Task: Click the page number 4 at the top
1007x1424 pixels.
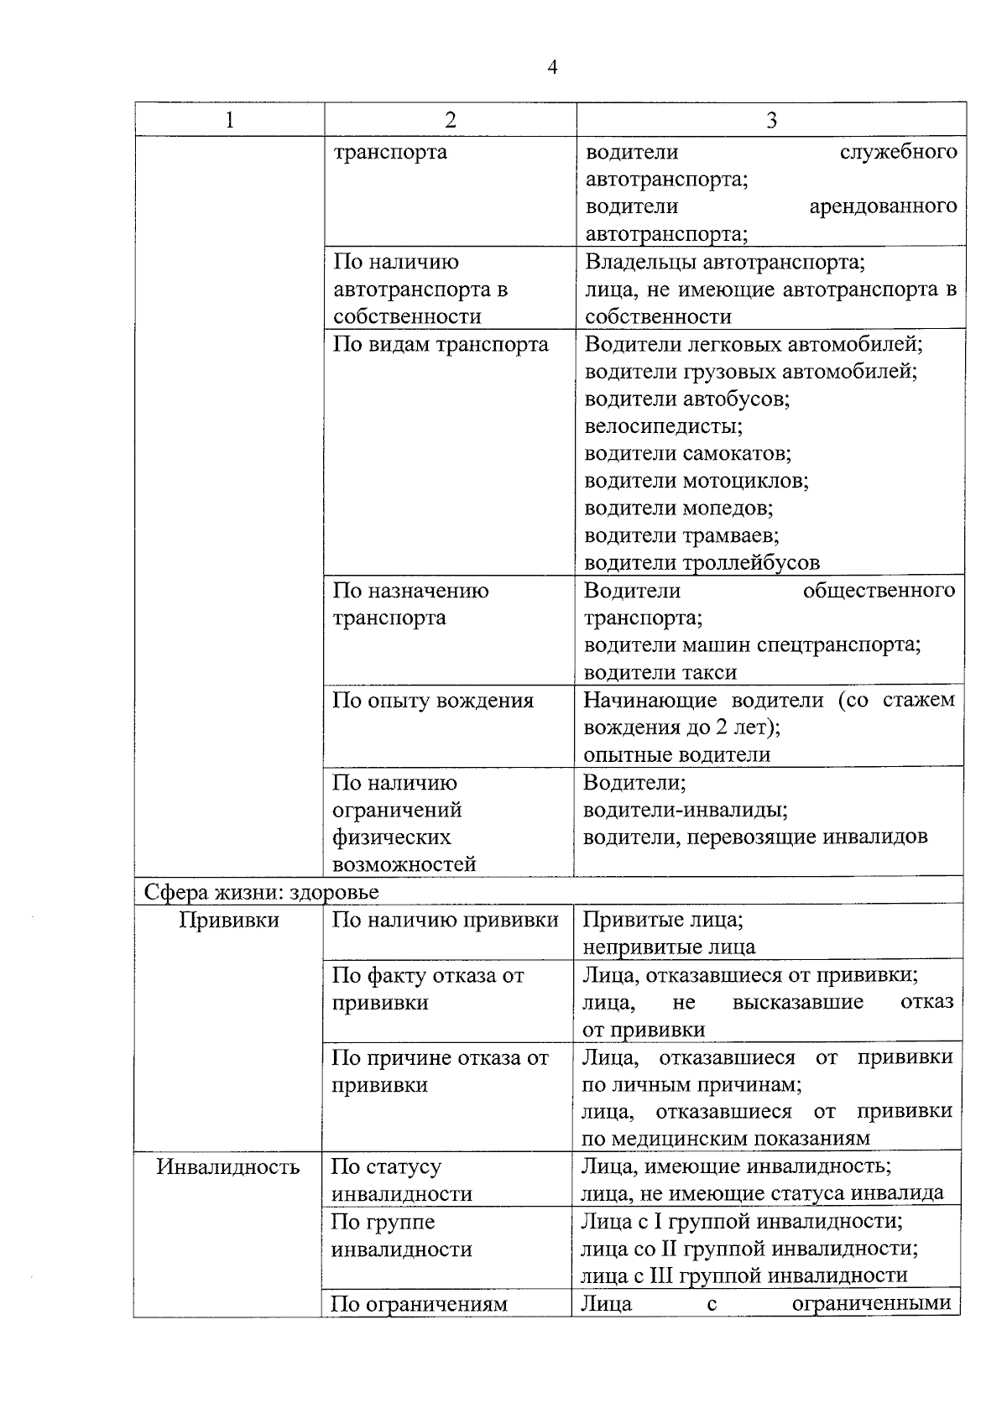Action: click(551, 67)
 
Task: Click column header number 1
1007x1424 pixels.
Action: click(229, 120)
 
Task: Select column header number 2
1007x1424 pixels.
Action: click(450, 120)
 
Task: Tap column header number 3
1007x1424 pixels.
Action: click(771, 120)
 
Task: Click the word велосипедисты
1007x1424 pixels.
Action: click(663, 426)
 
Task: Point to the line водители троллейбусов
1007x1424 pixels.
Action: click(702, 563)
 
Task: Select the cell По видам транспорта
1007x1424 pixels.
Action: click(441, 345)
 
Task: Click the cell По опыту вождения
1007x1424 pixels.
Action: click(433, 701)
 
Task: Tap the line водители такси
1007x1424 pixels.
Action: click(660, 673)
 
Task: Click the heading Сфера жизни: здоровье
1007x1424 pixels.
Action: click(261, 892)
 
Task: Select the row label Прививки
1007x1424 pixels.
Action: click(229, 921)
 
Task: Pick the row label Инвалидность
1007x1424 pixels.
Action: click(228, 1167)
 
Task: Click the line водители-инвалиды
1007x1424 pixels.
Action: click(685, 811)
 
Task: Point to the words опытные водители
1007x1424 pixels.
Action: click(676, 755)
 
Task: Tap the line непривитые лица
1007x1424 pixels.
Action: click(669, 947)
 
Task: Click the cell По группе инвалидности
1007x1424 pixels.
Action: click(401, 1235)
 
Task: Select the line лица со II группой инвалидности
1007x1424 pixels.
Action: click(749, 1249)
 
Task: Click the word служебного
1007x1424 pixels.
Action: click(898, 153)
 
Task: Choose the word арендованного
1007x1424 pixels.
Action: click(883, 206)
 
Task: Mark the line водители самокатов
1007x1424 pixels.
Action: click(687, 454)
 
